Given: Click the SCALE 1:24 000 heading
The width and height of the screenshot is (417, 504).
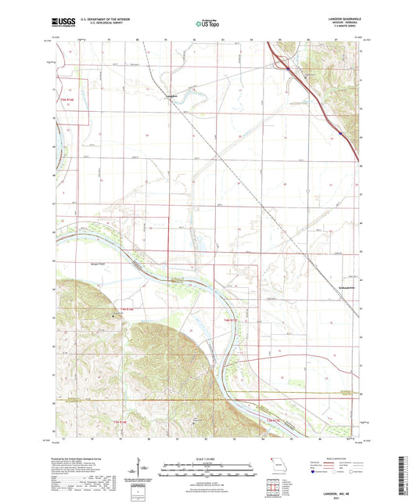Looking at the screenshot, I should tap(207, 459).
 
